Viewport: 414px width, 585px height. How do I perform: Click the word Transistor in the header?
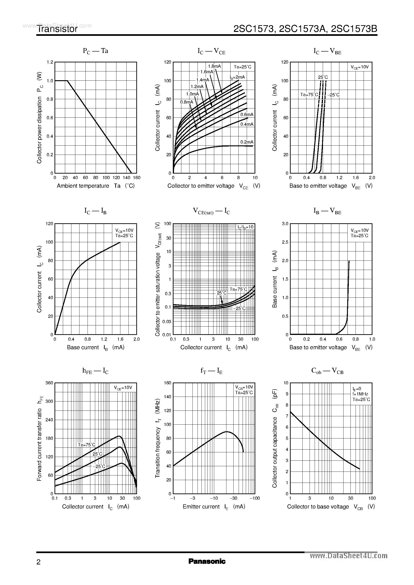(57, 29)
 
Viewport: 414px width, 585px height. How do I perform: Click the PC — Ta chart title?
(95, 51)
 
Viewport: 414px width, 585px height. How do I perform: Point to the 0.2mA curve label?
(247, 142)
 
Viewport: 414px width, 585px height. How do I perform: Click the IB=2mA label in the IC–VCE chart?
(237, 77)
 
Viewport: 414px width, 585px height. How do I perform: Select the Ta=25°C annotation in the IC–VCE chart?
(242, 67)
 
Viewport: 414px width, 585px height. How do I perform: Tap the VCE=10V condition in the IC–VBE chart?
(359, 67)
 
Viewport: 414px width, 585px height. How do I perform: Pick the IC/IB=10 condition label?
(245, 227)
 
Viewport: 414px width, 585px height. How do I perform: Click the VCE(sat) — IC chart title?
(211, 211)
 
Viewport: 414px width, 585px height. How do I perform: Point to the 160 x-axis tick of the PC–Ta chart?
(137, 178)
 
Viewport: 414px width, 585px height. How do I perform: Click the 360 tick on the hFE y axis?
(49, 383)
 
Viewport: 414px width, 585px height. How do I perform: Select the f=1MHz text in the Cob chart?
(360, 394)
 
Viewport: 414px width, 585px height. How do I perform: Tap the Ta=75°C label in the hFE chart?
(86, 445)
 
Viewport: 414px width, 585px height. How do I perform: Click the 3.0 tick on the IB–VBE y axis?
(285, 224)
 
